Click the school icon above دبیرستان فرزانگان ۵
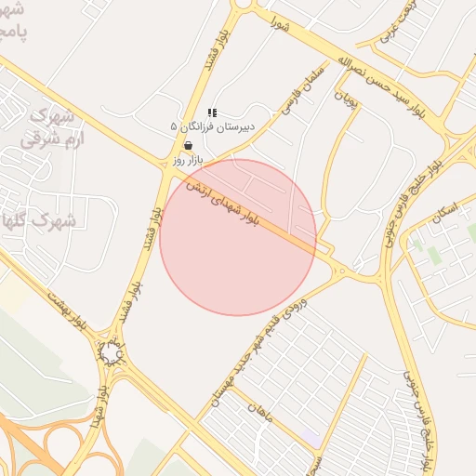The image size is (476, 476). click(x=212, y=112)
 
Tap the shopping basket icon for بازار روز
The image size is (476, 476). click(x=189, y=146)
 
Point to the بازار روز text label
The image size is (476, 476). click(x=187, y=161)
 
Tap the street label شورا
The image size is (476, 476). click(x=278, y=21)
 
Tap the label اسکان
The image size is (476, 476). click(x=445, y=216)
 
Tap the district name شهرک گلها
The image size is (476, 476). click(x=37, y=221)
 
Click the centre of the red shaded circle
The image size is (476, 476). click(x=238, y=237)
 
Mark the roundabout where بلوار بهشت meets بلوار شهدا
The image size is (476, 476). click(x=112, y=352)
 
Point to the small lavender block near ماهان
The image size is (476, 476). click(x=310, y=435)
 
